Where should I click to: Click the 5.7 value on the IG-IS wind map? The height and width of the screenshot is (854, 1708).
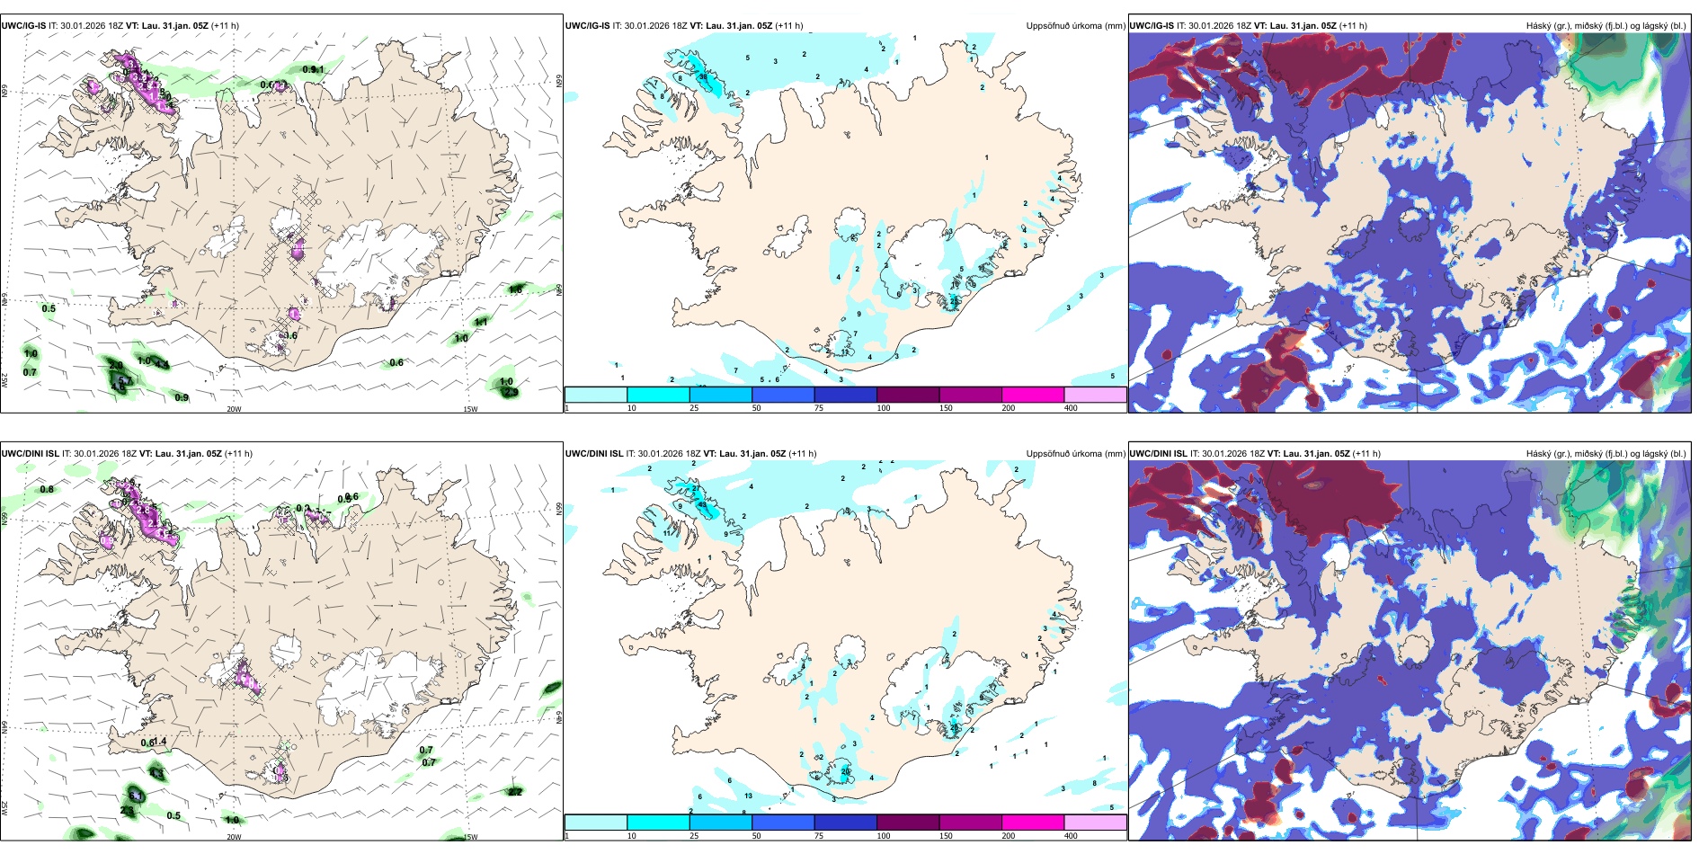(x=123, y=381)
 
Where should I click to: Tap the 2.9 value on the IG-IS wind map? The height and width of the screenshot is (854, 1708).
(x=511, y=392)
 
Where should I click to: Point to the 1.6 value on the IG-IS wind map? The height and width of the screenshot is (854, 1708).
(x=516, y=289)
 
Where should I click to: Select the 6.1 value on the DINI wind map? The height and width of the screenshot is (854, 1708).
(x=136, y=796)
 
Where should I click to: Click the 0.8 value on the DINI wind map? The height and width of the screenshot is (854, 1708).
(x=47, y=489)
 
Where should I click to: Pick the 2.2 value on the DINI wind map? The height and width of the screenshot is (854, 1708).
(x=515, y=792)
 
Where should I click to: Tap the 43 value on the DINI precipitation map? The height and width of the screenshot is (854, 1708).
(x=702, y=505)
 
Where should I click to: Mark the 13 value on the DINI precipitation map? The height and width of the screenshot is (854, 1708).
(x=749, y=796)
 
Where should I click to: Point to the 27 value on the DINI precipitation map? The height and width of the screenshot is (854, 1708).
(x=955, y=726)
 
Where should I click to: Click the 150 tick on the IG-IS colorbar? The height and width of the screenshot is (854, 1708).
(x=946, y=408)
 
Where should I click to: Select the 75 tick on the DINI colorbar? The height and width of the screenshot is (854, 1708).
(x=819, y=836)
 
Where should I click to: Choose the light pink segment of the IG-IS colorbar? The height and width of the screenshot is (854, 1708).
(x=1095, y=395)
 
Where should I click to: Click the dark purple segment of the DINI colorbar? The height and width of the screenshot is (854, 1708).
(x=907, y=823)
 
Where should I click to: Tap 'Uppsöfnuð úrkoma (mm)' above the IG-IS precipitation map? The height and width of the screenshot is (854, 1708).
(x=1075, y=26)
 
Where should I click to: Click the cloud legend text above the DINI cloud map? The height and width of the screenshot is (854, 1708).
(x=1606, y=454)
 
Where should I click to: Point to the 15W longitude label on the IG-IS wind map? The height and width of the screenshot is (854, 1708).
(x=469, y=409)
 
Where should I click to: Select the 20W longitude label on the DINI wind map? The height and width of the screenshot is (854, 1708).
(x=234, y=837)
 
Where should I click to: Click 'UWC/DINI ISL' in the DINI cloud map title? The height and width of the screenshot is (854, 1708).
(x=1159, y=454)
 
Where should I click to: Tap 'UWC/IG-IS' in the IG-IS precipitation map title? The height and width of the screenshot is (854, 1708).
(x=588, y=26)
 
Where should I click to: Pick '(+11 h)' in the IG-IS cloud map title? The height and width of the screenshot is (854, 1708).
(x=1353, y=26)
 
